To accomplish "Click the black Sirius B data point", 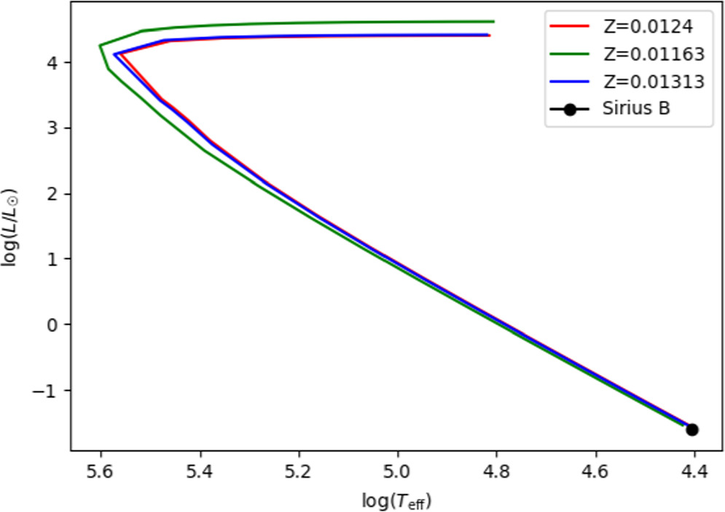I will [x=691, y=430].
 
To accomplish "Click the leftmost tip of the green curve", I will [x=100, y=45].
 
